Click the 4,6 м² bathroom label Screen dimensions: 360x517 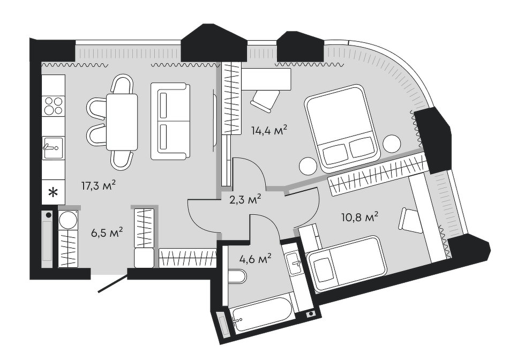tap(254, 259)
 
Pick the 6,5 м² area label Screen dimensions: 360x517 tap(106, 232)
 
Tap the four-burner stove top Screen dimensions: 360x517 tap(53, 105)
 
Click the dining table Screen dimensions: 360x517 tap(122, 122)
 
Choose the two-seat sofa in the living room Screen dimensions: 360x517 tap(170, 121)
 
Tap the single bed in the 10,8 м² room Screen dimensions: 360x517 tap(346, 261)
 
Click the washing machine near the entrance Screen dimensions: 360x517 tap(69, 220)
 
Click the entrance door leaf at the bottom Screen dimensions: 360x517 tap(111, 284)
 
